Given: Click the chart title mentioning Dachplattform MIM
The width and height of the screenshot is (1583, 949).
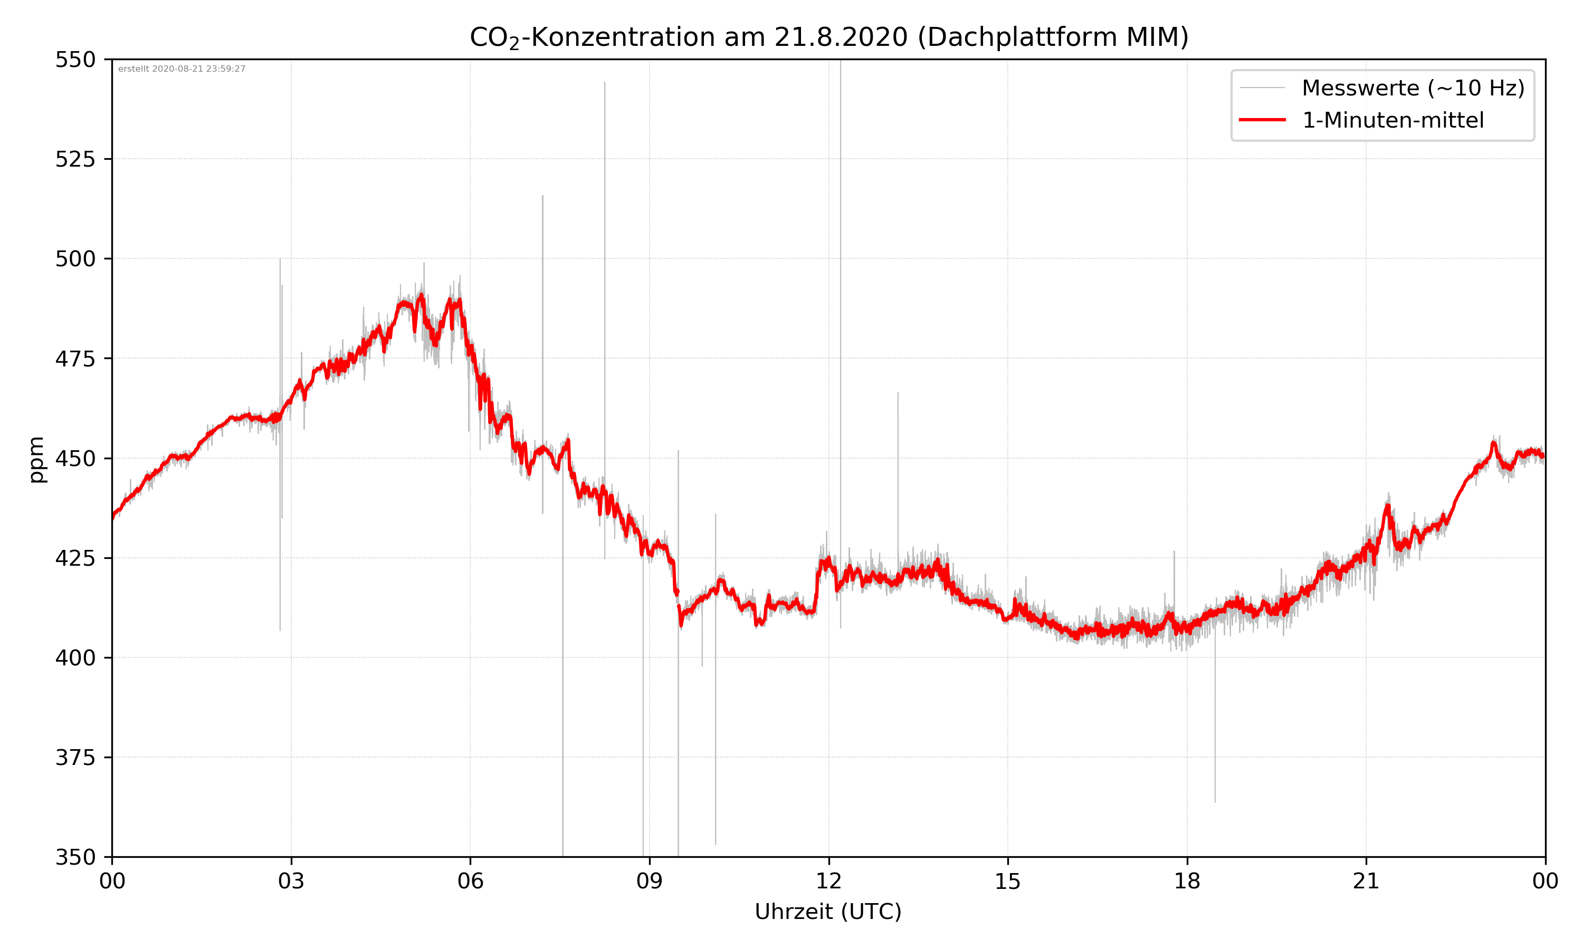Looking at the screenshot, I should [828, 37].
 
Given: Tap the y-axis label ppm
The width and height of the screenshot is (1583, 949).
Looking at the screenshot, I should [36, 459].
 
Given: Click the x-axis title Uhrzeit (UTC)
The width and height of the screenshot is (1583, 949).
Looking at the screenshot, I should [828, 911].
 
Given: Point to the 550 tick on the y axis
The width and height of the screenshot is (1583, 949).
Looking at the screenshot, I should [75, 60].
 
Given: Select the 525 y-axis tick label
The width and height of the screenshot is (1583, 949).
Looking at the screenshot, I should [75, 159].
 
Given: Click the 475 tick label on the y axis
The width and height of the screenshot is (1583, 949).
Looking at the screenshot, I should [75, 359].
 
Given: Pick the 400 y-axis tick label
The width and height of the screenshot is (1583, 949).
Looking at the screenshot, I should [75, 658].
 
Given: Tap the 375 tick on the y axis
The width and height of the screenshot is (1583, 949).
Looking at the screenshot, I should [75, 758].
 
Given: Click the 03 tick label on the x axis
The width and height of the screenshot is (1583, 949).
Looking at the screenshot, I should [291, 881].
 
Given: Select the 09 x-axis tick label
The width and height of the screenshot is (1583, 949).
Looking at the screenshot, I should [650, 881].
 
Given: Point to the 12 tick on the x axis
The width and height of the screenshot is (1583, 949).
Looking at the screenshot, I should [828, 881].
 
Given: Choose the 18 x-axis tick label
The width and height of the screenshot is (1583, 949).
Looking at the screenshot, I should [1187, 881].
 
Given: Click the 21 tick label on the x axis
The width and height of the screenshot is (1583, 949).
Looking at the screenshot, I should [1366, 881].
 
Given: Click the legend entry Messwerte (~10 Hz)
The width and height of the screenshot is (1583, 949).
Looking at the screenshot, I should [1413, 88].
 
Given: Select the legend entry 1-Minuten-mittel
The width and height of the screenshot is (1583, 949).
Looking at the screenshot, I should [1393, 120].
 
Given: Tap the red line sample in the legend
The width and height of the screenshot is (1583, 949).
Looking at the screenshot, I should [1262, 120].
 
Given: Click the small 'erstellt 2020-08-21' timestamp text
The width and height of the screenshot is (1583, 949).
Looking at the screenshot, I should [182, 69].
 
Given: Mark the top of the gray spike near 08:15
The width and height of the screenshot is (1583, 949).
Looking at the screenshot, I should [605, 82].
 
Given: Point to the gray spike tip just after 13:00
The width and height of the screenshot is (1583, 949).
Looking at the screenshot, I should [898, 393].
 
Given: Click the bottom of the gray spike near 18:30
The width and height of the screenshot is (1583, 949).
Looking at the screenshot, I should [1215, 801].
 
